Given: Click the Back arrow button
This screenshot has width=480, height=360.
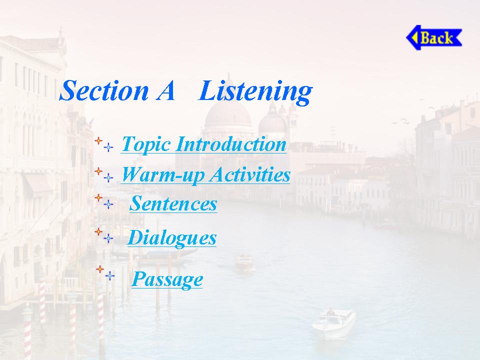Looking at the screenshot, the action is (434, 37).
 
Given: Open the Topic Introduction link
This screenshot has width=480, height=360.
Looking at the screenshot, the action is (204, 144).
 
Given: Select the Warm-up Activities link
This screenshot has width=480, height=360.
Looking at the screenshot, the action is (205, 175).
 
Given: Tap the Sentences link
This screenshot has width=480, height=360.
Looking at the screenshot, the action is (173, 203).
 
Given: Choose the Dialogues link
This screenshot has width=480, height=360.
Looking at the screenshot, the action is (171, 237).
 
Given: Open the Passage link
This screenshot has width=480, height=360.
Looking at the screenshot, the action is (167, 279).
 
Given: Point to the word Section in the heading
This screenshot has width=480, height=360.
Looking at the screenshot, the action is (104, 90).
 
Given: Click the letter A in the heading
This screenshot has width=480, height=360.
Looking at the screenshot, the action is (165, 91).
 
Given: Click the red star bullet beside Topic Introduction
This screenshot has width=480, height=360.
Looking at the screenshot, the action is (98, 141).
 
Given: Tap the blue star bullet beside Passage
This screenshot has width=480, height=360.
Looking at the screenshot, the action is (109, 276).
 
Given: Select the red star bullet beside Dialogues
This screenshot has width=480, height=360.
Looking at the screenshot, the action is (98, 231).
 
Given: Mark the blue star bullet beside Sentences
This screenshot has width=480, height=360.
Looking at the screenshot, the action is (108, 204).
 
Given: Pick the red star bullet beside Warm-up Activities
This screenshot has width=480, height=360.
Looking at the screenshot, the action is (98, 171).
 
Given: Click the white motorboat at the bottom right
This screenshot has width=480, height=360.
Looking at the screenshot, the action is (333, 323).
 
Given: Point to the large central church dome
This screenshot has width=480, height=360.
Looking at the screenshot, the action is (228, 115).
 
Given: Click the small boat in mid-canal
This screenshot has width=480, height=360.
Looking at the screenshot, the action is (244, 262).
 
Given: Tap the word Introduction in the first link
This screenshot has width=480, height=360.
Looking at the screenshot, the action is (231, 143).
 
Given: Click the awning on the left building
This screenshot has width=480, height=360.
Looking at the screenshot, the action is (38, 184).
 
